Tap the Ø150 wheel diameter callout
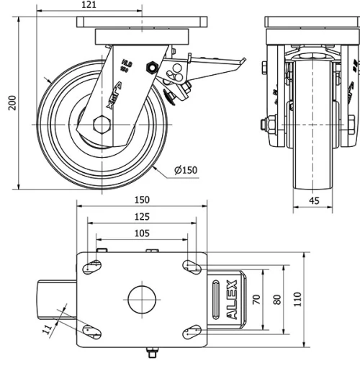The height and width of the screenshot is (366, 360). pyautogui.click(x=185, y=170)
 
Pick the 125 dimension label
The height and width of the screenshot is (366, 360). pyautogui.click(x=141, y=216)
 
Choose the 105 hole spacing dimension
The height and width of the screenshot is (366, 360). pyautogui.click(x=141, y=233)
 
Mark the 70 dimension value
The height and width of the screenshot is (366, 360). pyautogui.click(x=256, y=299)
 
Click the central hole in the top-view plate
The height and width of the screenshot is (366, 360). pyautogui.click(x=142, y=298)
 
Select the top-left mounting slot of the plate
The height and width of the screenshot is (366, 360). pyautogui.click(x=94, y=267)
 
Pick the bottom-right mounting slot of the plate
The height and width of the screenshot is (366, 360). pyautogui.click(x=191, y=331)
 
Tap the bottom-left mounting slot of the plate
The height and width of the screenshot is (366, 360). pyautogui.click(x=90, y=331)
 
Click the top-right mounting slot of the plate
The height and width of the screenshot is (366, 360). pyautogui.click(x=191, y=267)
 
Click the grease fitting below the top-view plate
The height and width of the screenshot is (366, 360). pyautogui.click(x=151, y=353)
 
